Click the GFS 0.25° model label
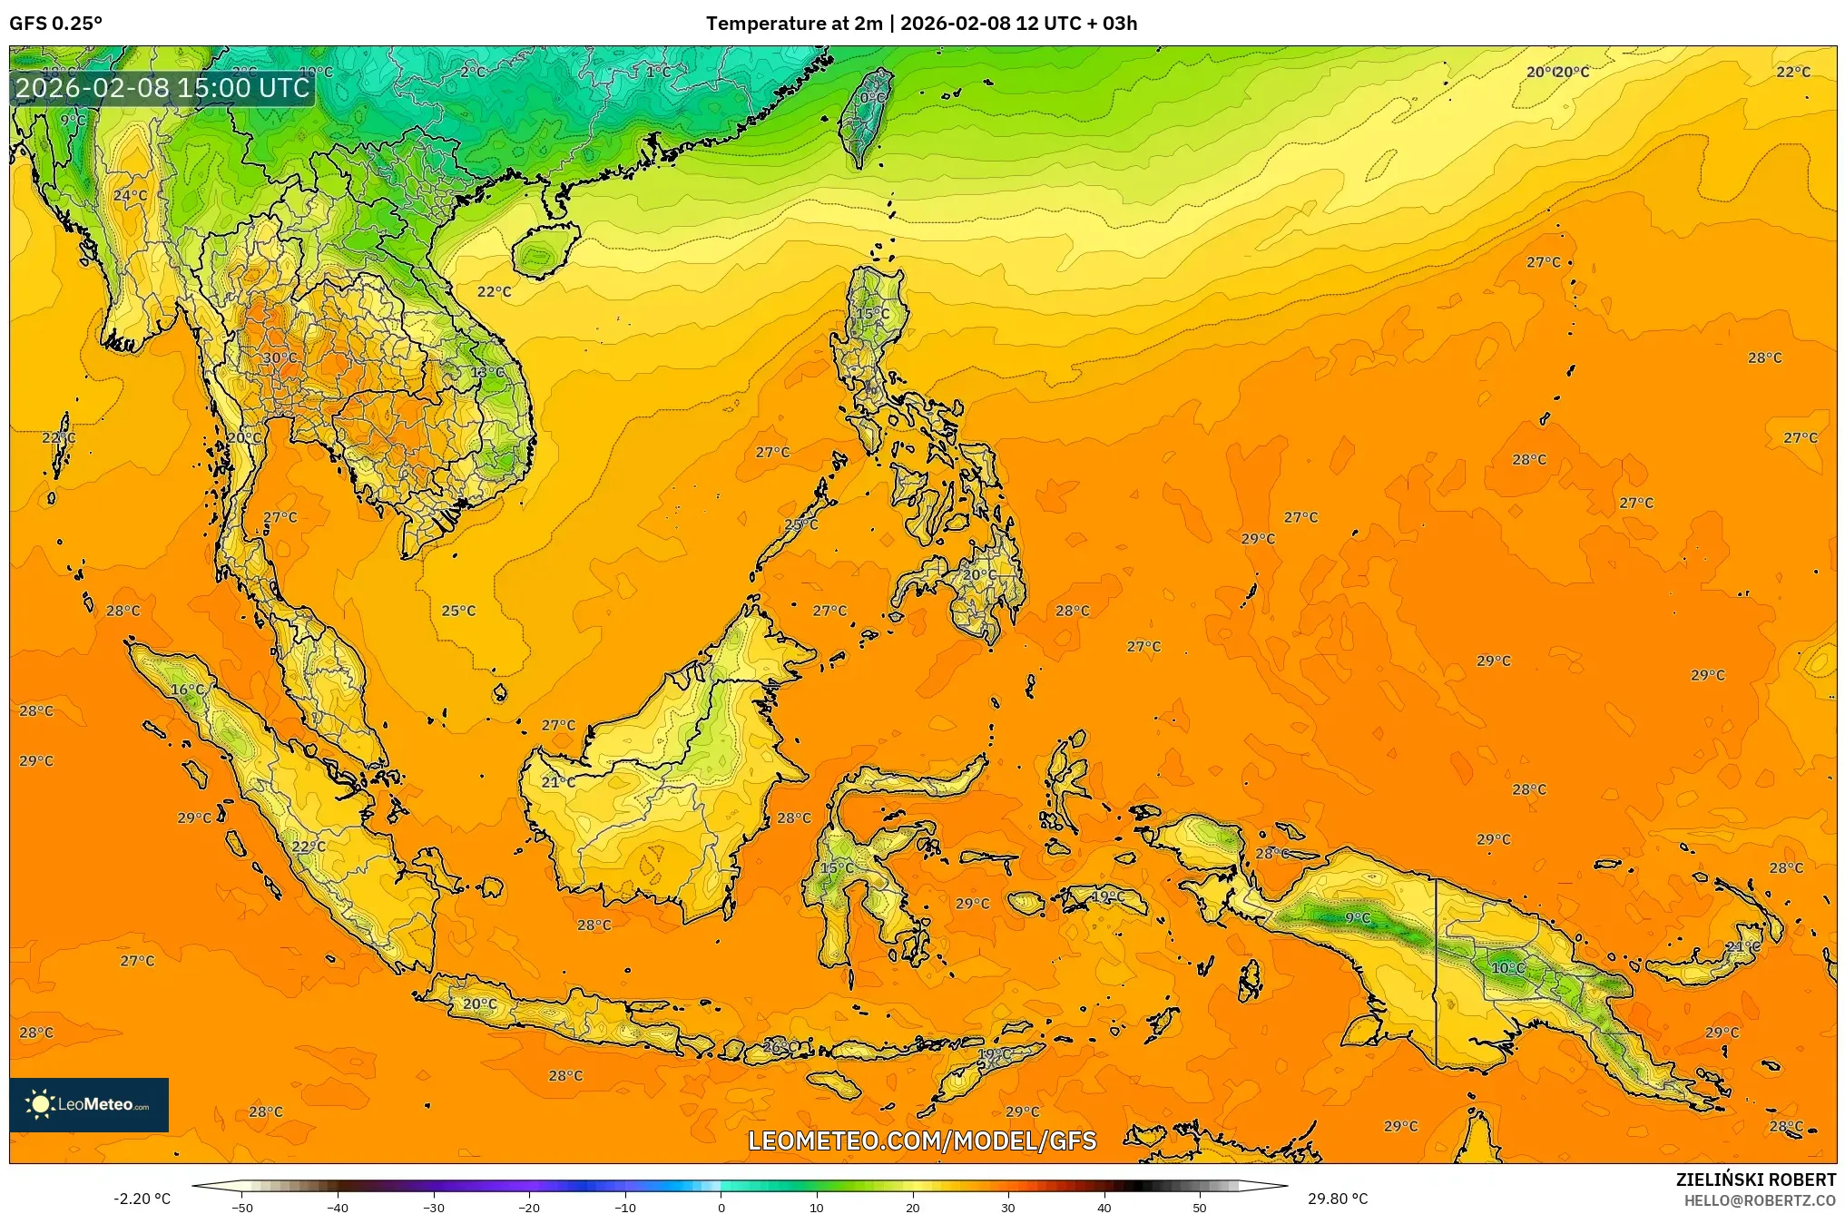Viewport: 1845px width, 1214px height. click(56, 24)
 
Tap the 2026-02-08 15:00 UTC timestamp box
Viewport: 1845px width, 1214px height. click(162, 88)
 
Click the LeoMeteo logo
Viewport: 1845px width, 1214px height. click(89, 1104)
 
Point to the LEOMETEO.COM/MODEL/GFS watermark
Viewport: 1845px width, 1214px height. click(921, 1141)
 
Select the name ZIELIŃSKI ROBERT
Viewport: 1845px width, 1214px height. click(1755, 1180)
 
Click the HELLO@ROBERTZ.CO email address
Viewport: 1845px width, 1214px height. click(1760, 1200)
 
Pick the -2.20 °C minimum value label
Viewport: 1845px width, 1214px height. click(142, 1199)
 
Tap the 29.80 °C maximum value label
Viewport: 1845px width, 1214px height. click(1338, 1199)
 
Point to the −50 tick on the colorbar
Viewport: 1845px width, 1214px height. click(241, 1207)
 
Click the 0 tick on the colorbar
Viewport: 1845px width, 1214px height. click(721, 1207)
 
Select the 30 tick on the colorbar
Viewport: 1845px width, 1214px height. click(1008, 1207)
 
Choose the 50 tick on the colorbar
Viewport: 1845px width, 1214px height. click(1200, 1207)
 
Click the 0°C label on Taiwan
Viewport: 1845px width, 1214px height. click(872, 98)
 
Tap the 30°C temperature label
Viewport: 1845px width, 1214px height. click(280, 358)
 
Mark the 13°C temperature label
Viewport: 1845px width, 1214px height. click(487, 373)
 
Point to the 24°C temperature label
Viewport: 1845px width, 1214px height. click(130, 195)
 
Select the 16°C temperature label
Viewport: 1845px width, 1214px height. click(188, 690)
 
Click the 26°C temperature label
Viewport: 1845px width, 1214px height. click(780, 1046)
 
